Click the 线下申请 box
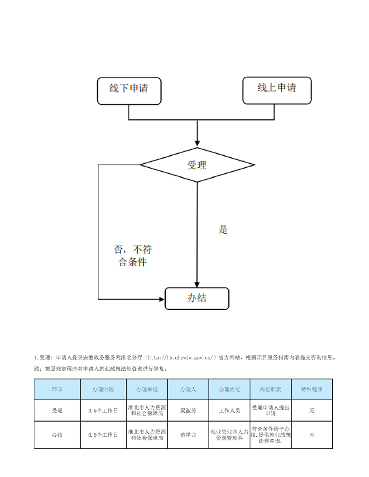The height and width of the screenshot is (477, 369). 129,91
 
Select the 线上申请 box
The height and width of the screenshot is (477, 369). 277,90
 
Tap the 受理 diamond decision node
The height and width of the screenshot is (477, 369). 197,165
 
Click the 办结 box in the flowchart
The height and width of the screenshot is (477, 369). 196,299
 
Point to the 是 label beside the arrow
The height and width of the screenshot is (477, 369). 223,230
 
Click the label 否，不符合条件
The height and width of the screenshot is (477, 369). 132,255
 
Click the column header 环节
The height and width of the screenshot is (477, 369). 57,389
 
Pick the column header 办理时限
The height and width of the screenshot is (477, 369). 103,389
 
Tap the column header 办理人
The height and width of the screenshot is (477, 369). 188,389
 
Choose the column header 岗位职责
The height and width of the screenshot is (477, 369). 270,389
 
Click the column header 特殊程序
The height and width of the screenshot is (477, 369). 311,389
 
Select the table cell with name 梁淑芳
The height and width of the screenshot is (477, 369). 188,411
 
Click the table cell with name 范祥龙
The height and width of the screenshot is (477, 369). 188,434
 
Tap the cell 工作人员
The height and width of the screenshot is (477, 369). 229,411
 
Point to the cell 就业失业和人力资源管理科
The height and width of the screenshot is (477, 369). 229,434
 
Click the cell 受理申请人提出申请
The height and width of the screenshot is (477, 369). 270,411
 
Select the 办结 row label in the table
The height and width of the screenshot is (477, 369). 57,434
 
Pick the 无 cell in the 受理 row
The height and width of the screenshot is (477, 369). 311,411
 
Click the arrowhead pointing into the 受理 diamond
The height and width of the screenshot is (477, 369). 197,143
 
